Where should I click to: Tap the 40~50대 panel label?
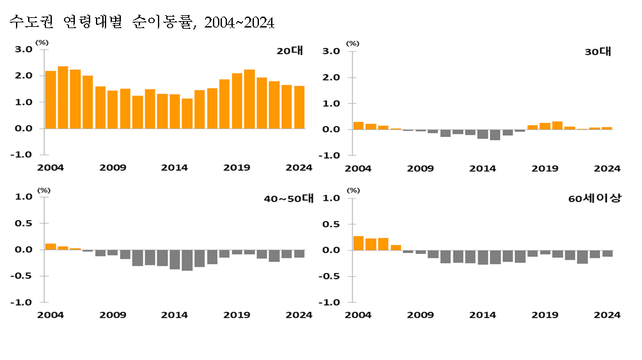click(x=289, y=199)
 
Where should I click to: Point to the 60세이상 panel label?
click(x=593, y=199)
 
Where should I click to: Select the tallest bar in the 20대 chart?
click(x=63, y=97)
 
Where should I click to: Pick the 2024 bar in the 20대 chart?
click(x=299, y=107)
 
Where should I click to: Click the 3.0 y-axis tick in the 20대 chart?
click(x=24, y=49)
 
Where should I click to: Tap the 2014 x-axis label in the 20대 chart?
click(x=175, y=168)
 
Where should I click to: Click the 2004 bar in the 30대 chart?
click(x=358, y=125)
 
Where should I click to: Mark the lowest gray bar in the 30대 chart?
click(x=495, y=134)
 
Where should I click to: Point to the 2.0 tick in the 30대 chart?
click(x=331, y=77)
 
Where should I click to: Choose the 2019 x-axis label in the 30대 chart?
click(x=545, y=169)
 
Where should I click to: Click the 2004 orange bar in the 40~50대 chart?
click(x=51, y=247)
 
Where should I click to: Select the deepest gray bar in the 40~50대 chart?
click(x=187, y=260)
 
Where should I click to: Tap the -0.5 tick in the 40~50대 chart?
click(x=22, y=276)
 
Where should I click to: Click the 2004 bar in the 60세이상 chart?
click(x=358, y=243)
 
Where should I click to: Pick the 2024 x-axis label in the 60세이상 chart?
click(x=607, y=315)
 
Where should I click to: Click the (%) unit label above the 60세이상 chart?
click(x=353, y=191)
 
